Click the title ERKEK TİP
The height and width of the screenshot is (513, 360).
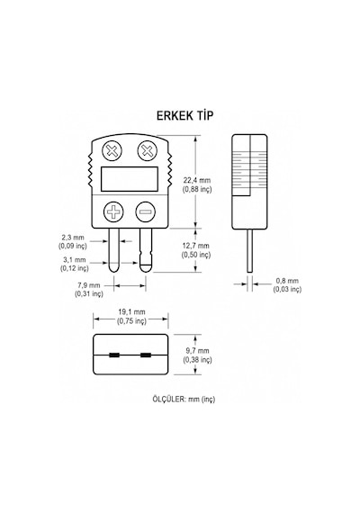click(184, 115)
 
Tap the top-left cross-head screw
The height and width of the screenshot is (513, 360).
click(112, 151)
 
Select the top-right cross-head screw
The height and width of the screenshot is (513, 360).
click(148, 151)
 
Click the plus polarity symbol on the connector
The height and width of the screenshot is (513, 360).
click(113, 211)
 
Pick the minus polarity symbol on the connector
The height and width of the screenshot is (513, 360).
click(146, 211)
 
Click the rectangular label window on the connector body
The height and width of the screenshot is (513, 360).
click(130, 179)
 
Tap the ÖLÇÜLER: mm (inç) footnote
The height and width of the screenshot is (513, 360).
click(184, 399)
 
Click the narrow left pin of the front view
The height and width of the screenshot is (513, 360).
click(113, 250)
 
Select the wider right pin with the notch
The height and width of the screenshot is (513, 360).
click(146, 250)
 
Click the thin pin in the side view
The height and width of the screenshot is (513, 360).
click(249, 250)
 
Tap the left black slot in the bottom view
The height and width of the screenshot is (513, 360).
click(114, 355)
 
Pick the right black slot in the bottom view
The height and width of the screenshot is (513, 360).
click(146, 355)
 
